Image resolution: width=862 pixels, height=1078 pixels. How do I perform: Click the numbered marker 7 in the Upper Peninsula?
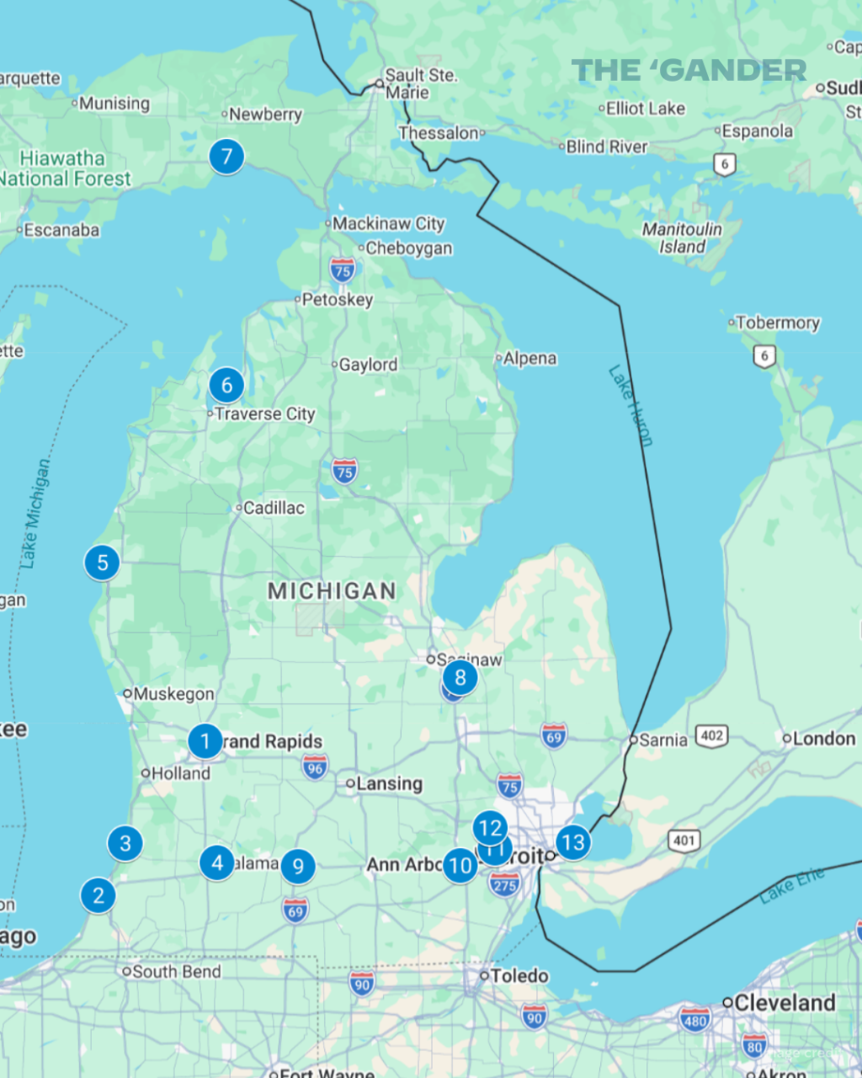(x=226, y=157)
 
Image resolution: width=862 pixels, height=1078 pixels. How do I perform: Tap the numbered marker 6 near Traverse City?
(x=226, y=386)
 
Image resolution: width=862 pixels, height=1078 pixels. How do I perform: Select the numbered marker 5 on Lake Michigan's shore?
(x=102, y=563)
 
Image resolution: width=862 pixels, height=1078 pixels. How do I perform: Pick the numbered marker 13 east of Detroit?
(x=573, y=842)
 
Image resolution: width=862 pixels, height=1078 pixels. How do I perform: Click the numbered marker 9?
(x=298, y=867)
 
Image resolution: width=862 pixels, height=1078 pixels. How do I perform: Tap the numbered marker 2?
(x=98, y=895)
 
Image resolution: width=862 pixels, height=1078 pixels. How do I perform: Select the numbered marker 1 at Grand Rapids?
(x=205, y=742)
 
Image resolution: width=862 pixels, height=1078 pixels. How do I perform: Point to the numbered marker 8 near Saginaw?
(x=460, y=677)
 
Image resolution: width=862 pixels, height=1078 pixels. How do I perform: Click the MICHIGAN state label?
(x=332, y=591)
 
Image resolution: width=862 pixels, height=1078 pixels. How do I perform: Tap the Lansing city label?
(x=389, y=784)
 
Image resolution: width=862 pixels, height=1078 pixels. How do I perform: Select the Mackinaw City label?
(x=388, y=224)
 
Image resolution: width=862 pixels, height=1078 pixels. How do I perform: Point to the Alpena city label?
(x=529, y=359)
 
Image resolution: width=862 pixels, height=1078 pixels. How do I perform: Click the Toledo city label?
(x=519, y=976)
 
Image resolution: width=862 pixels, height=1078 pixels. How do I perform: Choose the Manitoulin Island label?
(x=682, y=238)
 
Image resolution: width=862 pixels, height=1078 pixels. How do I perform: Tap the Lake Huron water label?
(x=631, y=405)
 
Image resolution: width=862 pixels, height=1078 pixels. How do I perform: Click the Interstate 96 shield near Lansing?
(x=315, y=766)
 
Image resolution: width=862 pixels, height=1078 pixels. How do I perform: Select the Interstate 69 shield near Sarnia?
(x=554, y=735)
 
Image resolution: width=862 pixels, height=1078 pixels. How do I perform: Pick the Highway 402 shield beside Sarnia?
(x=712, y=736)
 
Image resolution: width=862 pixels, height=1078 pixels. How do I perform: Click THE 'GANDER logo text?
(x=689, y=71)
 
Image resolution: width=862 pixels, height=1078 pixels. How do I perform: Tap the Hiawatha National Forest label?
(x=66, y=168)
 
